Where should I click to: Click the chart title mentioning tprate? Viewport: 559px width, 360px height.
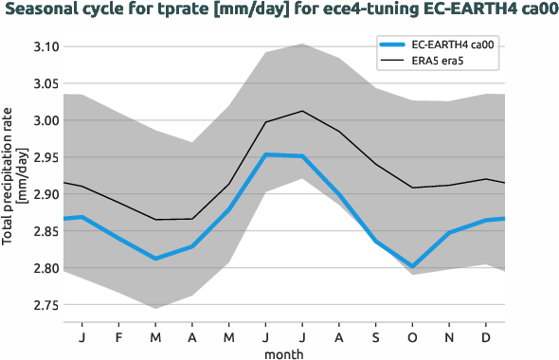pyautogui.click(x=279, y=11)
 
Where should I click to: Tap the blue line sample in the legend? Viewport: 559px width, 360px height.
pyautogui.click(x=396, y=45)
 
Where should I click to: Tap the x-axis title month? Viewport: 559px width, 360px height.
pyautogui.click(x=283, y=352)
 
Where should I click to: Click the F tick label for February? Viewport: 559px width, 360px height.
pyautogui.click(x=118, y=336)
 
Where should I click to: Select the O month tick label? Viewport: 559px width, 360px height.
pyautogui.click(x=412, y=336)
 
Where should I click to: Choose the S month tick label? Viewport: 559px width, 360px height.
pyautogui.click(x=375, y=336)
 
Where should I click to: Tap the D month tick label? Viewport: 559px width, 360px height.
pyautogui.click(x=485, y=336)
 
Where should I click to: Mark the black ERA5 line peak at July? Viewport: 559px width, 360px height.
pyautogui.click(x=301, y=111)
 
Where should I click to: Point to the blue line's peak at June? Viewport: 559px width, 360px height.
pyautogui.click(x=265, y=154)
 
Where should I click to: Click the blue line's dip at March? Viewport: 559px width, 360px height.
pyautogui.click(x=155, y=259)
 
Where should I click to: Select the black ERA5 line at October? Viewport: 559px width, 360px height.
pyautogui.click(x=412, y=188)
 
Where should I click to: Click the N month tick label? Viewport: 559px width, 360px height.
pyautogui.click(x=449, y=336)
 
